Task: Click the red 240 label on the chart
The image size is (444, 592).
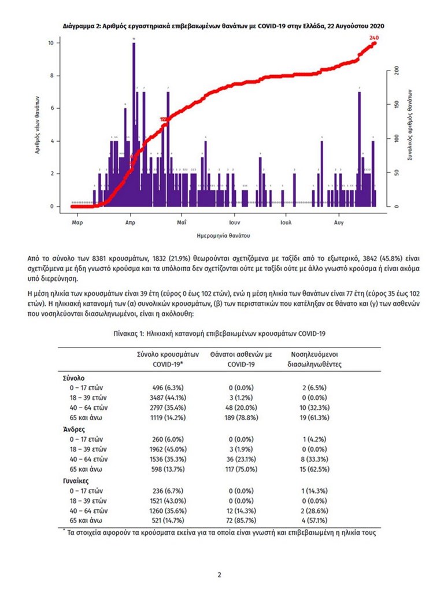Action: (x=374, y=38)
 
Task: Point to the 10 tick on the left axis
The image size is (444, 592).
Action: (x=51, y=43)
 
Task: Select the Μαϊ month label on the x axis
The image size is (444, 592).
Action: (x=182, y=221)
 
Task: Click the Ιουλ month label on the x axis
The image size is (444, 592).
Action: (x=285, y=221)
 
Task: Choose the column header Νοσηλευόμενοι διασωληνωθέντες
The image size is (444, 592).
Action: (x=315, y=359)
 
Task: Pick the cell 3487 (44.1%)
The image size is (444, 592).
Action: (x=168, y=398)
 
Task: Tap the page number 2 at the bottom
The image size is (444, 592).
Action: (x=219, y=575)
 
